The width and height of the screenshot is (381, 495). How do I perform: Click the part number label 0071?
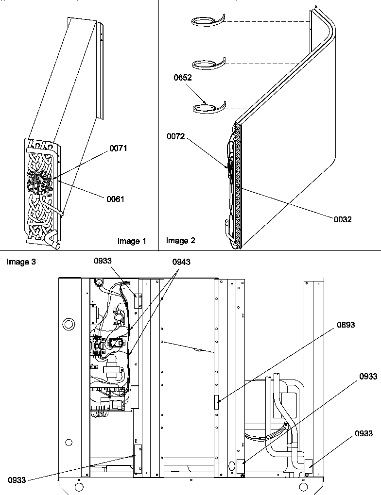118,148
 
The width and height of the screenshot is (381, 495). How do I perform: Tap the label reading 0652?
183,78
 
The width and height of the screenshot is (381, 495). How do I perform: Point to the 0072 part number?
176,137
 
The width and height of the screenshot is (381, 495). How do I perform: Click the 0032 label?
343,219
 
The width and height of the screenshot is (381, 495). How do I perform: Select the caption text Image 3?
21,262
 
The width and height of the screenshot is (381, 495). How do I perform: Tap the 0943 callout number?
181,262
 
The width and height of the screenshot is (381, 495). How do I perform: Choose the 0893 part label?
346,325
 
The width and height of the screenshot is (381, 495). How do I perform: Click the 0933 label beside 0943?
104,261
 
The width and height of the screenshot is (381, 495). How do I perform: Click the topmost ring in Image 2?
208,20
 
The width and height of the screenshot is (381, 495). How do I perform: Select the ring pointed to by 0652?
208,108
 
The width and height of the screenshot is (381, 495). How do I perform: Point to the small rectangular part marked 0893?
217,402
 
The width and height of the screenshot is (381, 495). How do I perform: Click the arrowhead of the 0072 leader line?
229,168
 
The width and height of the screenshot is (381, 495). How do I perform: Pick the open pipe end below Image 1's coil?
55,246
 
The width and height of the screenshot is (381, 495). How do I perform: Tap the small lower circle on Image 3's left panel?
69,442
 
